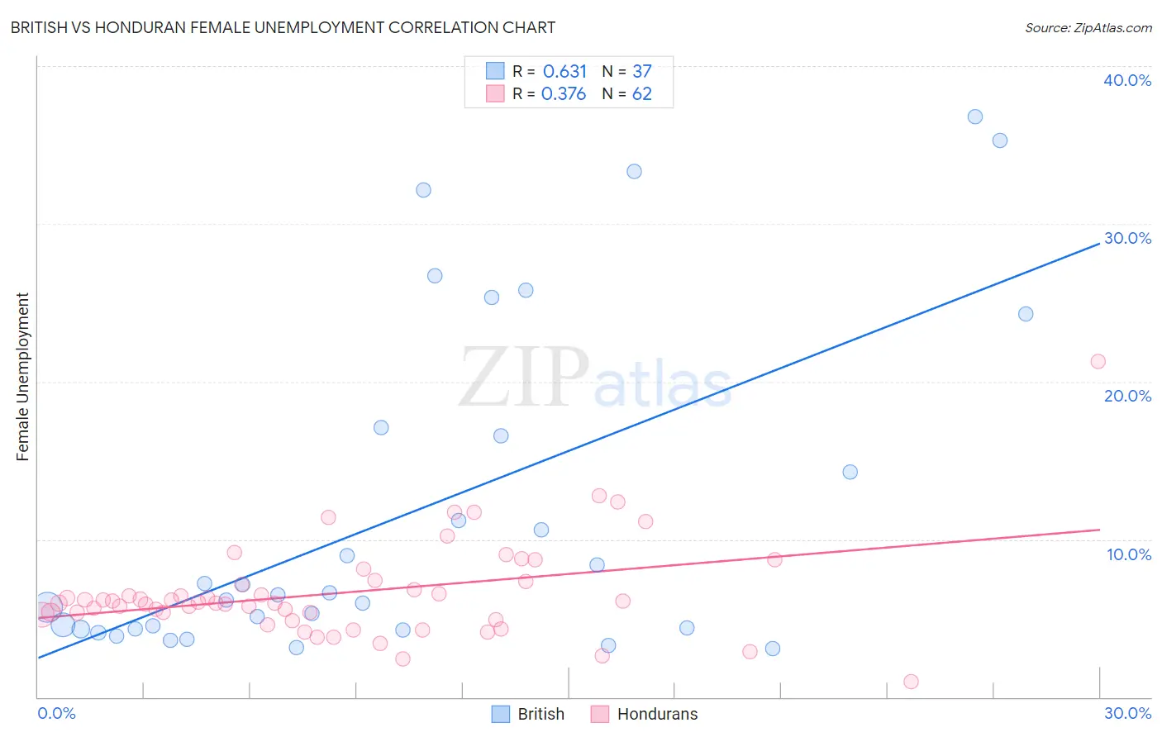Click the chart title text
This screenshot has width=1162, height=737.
point(283,27)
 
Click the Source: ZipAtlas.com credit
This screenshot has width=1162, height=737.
point(1088,27)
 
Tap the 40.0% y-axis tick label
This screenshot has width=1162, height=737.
point(1126,80)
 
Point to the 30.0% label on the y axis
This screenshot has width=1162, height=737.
point(1126,238)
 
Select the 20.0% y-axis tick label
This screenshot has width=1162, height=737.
point(1126,396)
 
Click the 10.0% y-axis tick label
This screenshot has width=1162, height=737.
point(1128,554)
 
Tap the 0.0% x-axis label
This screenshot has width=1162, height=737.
point(56,713)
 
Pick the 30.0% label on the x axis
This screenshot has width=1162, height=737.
point(1127,713)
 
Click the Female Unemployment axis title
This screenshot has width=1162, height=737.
point(22,377)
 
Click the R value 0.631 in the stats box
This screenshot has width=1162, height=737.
point(564,71)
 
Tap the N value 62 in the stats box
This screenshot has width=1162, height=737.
point(641,93)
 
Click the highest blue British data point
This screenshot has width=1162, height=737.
point(975,116)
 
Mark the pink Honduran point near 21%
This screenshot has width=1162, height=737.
point(1098,361)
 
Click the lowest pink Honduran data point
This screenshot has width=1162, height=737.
point(911,682)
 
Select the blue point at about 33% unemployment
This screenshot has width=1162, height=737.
point(634,172)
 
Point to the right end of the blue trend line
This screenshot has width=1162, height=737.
point(1099,244)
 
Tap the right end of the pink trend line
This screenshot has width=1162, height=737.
point(1099,530)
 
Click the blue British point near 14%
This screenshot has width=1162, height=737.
point(850,472)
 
